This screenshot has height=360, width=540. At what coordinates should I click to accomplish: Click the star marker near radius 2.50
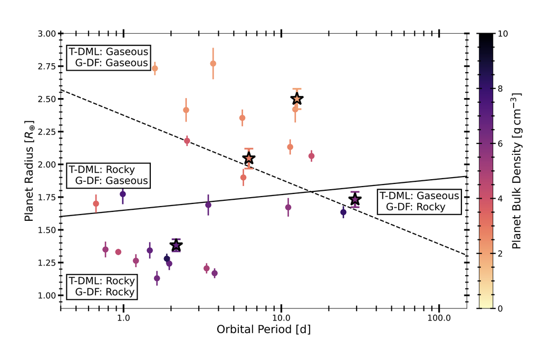click(297, 99)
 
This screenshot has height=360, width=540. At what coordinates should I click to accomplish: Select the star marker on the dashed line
click(249, 159)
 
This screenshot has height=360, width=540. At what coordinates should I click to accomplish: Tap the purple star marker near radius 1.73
click(355, 199)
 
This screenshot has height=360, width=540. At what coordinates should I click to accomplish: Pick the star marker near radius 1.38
click(176, 246)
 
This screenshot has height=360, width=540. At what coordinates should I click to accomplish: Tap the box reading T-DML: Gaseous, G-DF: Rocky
click(419, 201)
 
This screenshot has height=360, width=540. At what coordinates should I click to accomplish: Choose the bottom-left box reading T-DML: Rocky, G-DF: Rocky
click(102, 287)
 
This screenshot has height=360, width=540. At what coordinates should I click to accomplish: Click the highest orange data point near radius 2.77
click(213, 63)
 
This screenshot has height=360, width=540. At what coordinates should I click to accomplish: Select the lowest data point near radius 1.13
click(157, 278)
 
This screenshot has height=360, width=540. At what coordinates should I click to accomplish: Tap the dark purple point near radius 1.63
click(343, 212)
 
